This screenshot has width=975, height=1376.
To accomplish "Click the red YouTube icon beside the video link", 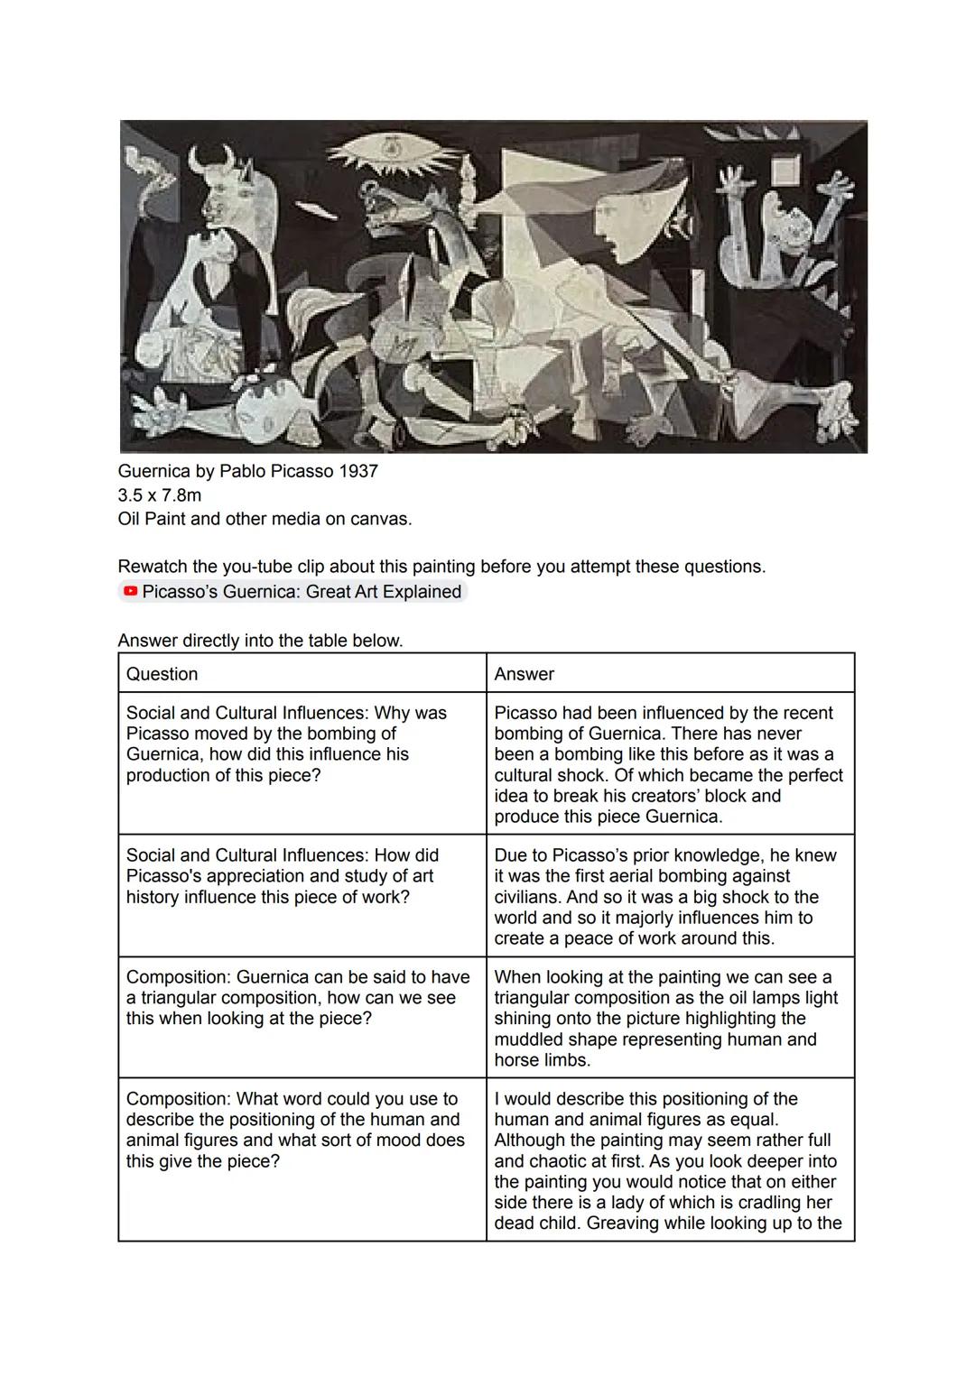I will (131, 592).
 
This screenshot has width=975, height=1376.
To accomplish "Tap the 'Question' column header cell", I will (302, 673).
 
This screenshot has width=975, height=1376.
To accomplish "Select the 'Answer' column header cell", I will (670, 673).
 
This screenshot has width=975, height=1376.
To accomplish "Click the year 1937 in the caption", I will (360, 471).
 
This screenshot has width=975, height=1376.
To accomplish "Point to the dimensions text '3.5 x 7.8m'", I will (160, 495).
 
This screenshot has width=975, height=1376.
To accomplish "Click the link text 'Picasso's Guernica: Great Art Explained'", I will (302, 592).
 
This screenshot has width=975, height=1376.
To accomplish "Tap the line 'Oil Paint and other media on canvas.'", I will (265, 519).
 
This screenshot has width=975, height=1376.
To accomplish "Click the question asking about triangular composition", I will (298, 997).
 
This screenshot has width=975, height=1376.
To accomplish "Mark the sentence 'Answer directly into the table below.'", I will (260, 641).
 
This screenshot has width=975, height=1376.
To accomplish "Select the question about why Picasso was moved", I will (286, 743).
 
